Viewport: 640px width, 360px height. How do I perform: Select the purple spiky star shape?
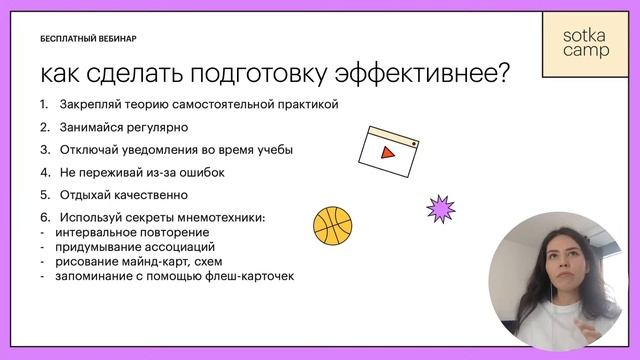(x=440, y=208)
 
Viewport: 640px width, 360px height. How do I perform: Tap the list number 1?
(x=44, y=105)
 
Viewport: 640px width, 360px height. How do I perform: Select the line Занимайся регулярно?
(x=123, y=128)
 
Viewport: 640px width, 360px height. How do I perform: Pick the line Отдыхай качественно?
(x=123, y=196)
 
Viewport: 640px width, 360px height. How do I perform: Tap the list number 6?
(x=44, y=218)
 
